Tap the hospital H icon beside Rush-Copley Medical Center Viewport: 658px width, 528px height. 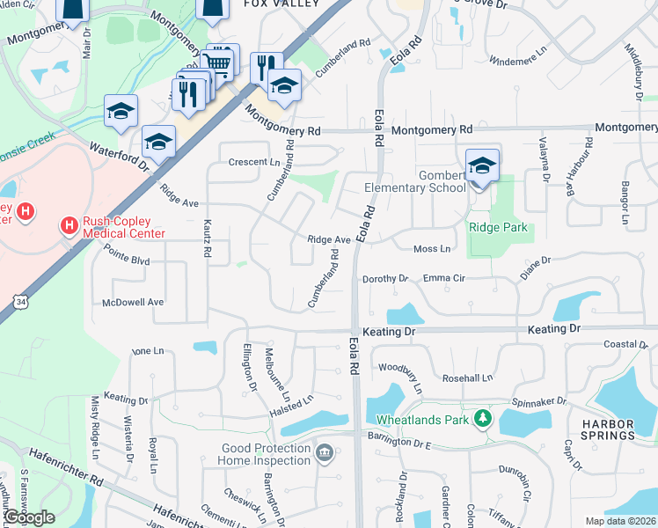click(x=69, y=227)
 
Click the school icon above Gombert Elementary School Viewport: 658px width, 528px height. click(x=482, y=165)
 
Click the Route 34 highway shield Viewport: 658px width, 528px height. click(x=19, y=302)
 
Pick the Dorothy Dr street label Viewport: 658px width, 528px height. click(x=386, y=279)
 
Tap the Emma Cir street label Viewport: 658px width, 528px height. click(x=443, y=278)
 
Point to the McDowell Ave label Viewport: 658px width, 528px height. click(x=134, y=302)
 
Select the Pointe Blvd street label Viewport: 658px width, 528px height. click(x=127, y=261)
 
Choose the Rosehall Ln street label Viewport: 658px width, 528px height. click(x=467, y=378)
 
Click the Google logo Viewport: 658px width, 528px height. click(x=29, y=517)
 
